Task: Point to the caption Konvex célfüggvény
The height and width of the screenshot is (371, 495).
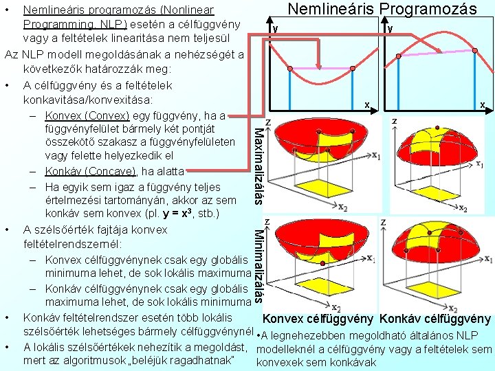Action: click(x=318, y=319)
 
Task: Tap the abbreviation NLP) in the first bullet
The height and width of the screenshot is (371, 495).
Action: click(x=83, y=25)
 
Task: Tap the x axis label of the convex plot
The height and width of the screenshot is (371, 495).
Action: click(x=367, y=105)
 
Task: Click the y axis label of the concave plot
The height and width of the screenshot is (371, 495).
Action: click(x=390, y=29)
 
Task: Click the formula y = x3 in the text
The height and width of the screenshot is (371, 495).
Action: click(x=168, y=214)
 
